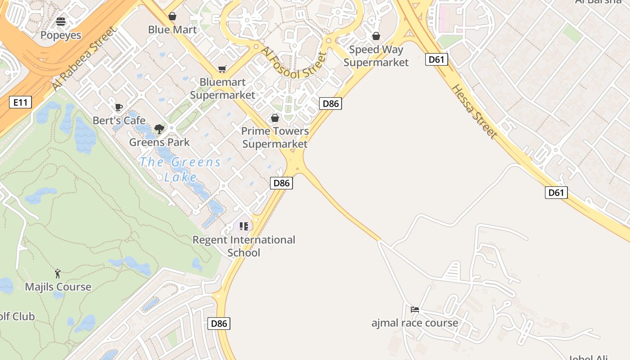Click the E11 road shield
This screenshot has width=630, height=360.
[20, 102]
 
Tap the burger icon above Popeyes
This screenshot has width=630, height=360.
[61, 21]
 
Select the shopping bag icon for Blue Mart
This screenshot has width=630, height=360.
[172, 17]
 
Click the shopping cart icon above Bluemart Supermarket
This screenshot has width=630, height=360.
[222, 69]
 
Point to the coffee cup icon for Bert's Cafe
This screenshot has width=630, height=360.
[119, 107]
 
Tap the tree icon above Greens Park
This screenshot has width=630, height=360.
[159, 129]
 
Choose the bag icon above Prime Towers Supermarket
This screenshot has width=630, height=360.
[274, 118]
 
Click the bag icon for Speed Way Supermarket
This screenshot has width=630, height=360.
[376, 36]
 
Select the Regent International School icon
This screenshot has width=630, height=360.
[244, 226]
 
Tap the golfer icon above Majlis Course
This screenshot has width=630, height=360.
[58, 273]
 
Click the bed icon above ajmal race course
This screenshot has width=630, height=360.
[415, 309]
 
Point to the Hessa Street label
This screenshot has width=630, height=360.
[474, 111]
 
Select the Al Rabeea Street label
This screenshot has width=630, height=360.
[84, 58]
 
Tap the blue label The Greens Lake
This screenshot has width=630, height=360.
[180, 169]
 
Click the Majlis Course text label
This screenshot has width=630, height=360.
[58, 287]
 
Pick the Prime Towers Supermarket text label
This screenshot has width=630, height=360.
[275, 137]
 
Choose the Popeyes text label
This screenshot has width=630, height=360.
[61, 35]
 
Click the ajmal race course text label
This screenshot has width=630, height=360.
[414, 323]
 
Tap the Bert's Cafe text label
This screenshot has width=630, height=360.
[119, 120]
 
